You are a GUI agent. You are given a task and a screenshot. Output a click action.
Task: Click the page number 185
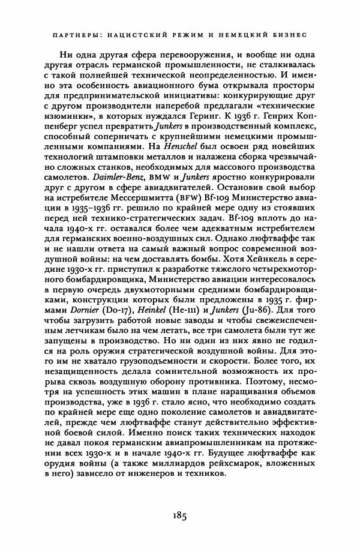click(x=179, y=514)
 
